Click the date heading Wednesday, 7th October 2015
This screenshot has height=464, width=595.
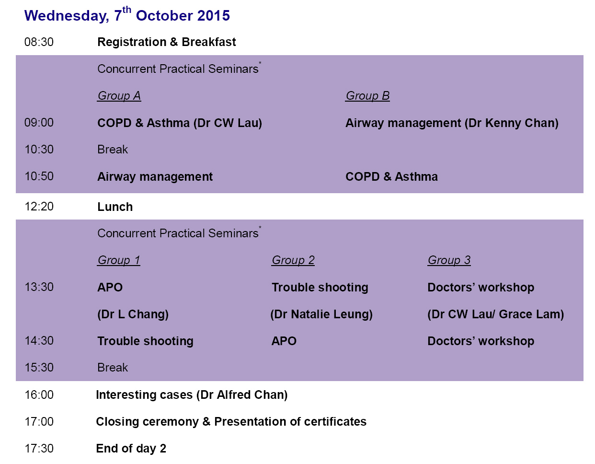[127, 15]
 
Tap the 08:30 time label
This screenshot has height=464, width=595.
[39, 42]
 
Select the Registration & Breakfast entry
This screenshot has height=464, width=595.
[167, 42]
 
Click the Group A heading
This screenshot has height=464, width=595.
[119, 95]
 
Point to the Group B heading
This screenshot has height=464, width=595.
[367, 95]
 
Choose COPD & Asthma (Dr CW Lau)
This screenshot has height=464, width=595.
[180, 123]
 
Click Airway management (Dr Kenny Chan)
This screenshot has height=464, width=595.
[452, 123]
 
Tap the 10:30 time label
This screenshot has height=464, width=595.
[39, 149]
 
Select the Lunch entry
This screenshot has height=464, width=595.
[115, 207]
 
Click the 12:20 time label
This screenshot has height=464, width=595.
[39, 207]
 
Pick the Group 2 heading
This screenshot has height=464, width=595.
[293, 260]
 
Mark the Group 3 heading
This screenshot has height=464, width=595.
[449, 260]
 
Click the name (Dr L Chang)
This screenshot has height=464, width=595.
[133, 314]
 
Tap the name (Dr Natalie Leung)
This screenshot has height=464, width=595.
[321, 314]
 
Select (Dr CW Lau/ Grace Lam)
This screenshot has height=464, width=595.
[496, 314]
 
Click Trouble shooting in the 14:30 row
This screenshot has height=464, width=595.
[145, 341]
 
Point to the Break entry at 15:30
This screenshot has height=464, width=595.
[113, 368]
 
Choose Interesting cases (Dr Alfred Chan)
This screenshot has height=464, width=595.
[192, 394]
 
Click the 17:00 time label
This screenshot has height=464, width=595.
[39, 421]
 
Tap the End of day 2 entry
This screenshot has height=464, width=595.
[131, 449]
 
